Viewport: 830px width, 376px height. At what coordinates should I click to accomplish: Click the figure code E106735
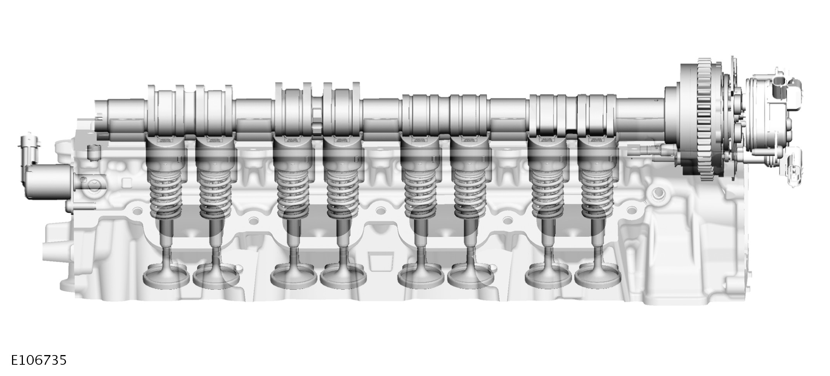[38, 360]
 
